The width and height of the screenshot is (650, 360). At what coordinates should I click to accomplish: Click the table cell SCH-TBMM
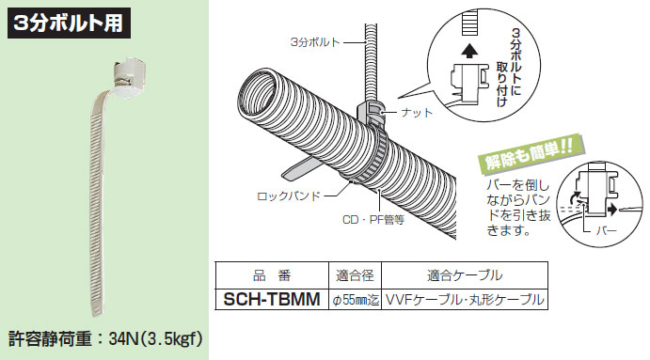click(x=271, y=300)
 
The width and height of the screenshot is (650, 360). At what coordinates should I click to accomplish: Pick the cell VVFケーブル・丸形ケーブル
click(x=465, y=300)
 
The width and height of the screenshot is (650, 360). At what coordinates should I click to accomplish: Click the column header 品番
click(x=271, y=277)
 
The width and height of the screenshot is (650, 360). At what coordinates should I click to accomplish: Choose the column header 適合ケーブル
click(x=465, y=277)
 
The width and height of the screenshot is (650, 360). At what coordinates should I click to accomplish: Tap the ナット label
click(x=416, y=113)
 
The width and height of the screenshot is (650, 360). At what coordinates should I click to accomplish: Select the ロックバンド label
click(x=289, y=196)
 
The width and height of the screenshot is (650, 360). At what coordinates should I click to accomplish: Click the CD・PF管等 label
click(x=372, y=223)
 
